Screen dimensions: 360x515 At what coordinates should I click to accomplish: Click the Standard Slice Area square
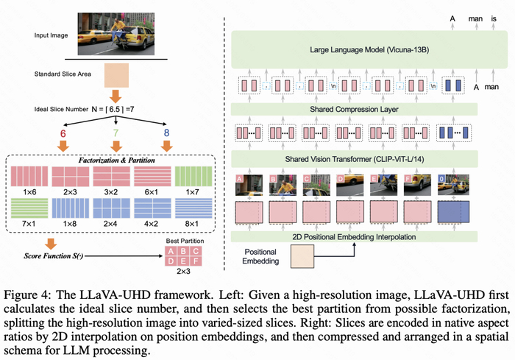[115, 75]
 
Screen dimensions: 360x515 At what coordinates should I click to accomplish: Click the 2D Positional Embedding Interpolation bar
[356, 236]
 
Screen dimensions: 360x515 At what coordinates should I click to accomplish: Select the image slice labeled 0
[450, 185]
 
